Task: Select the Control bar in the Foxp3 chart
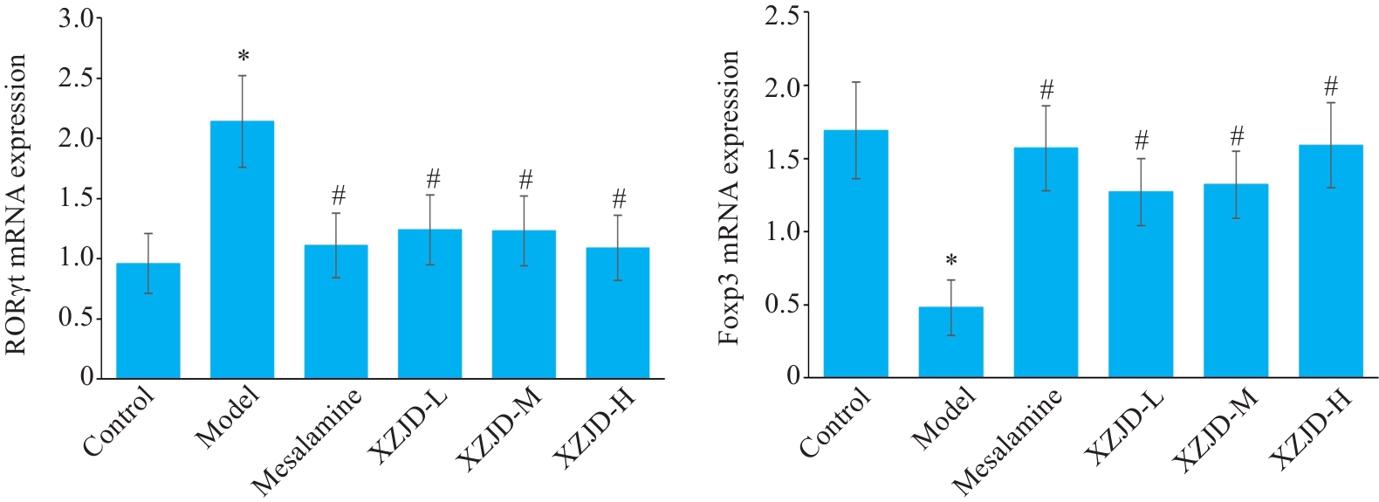coord(856,253)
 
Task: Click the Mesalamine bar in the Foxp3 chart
coord(1046,262)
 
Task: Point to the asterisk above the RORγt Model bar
coord(244,58)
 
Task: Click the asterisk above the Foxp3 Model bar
coord(951,261)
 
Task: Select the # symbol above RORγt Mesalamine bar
coord(339,195)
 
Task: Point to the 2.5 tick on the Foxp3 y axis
coord(781,15)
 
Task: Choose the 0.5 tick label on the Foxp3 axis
coord(781,304)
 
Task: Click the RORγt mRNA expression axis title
coord(17,205)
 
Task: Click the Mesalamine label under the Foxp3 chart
coord(1008,441)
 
